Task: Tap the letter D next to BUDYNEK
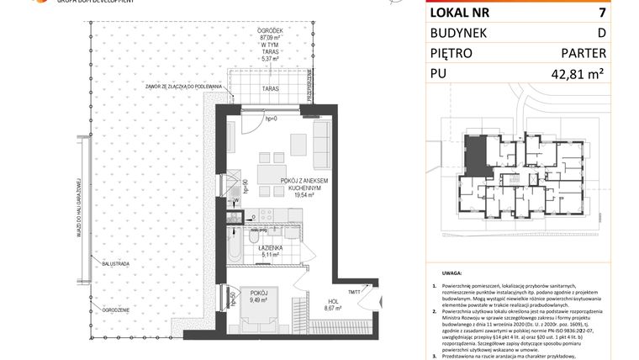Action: (601, 33)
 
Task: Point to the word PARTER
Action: (584, 53)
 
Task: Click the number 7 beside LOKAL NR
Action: (601, 13)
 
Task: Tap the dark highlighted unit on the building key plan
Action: (476, 154)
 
